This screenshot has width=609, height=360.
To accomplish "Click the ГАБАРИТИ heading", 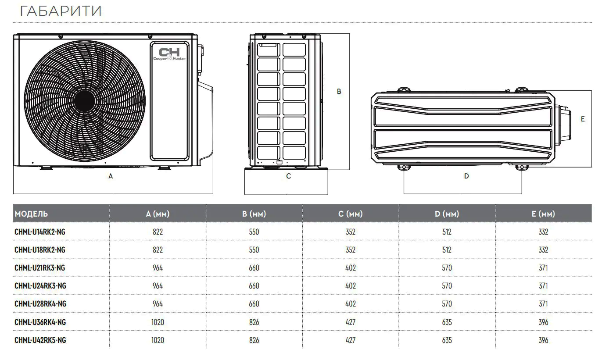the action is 61,11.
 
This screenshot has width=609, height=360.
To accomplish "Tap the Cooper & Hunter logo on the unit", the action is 169,54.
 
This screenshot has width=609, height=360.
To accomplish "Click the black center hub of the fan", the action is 85,101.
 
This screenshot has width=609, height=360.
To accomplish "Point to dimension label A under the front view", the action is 111,176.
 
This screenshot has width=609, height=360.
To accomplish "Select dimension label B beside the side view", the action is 339,91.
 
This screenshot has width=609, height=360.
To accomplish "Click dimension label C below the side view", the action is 288,176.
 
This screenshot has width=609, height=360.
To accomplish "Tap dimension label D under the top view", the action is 466,176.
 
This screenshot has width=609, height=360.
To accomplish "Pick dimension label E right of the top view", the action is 583,119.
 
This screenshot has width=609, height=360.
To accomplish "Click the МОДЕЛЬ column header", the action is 31,214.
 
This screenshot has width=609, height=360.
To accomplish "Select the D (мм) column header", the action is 447,214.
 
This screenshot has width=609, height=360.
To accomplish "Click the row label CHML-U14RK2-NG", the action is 40,232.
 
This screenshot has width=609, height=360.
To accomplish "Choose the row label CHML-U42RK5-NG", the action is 40,340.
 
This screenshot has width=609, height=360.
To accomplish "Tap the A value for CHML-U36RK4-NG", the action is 158,322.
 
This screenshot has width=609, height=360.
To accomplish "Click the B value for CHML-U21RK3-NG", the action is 254,267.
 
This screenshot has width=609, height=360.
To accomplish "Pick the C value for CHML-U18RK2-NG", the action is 351,250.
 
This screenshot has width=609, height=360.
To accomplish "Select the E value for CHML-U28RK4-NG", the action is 543,304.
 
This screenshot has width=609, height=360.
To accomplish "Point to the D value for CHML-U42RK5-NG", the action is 447,340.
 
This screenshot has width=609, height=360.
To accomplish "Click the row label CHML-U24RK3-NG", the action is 40,285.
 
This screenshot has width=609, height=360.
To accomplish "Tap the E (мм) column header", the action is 543,214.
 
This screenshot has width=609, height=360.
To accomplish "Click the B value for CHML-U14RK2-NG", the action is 254,232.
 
